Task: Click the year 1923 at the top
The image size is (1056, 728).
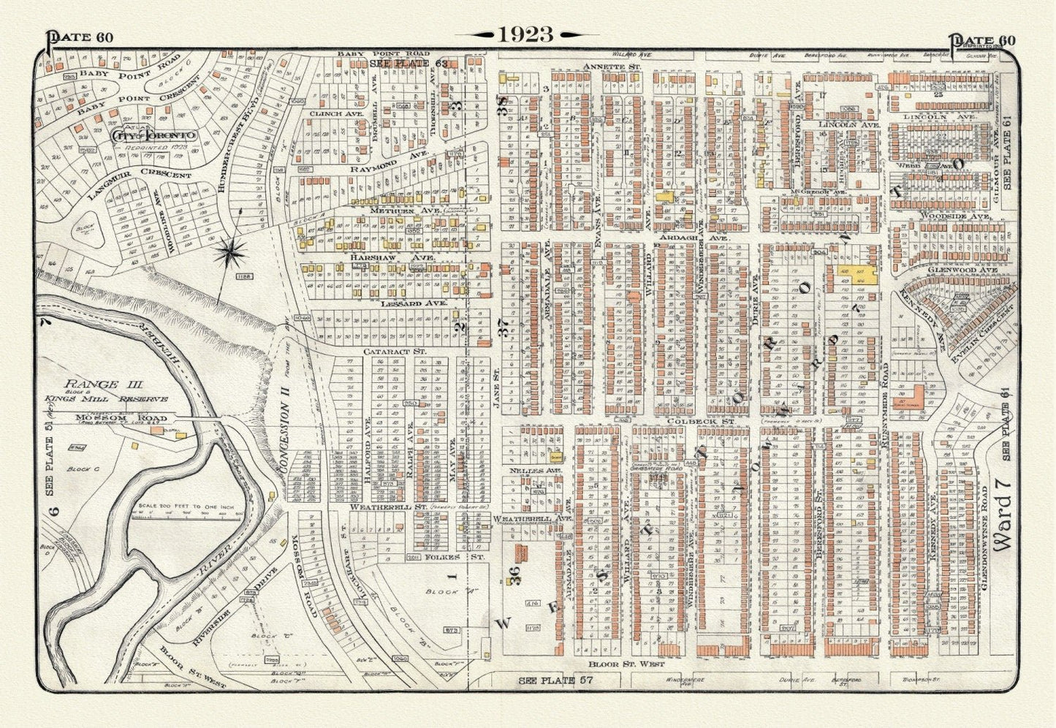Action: pyautogui.click(x=525, y=34)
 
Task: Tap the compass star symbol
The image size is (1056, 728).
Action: pyautogui.click(x=232, y=253)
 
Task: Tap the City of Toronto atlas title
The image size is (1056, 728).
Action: pyautogui.click(x=153, y=136)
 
